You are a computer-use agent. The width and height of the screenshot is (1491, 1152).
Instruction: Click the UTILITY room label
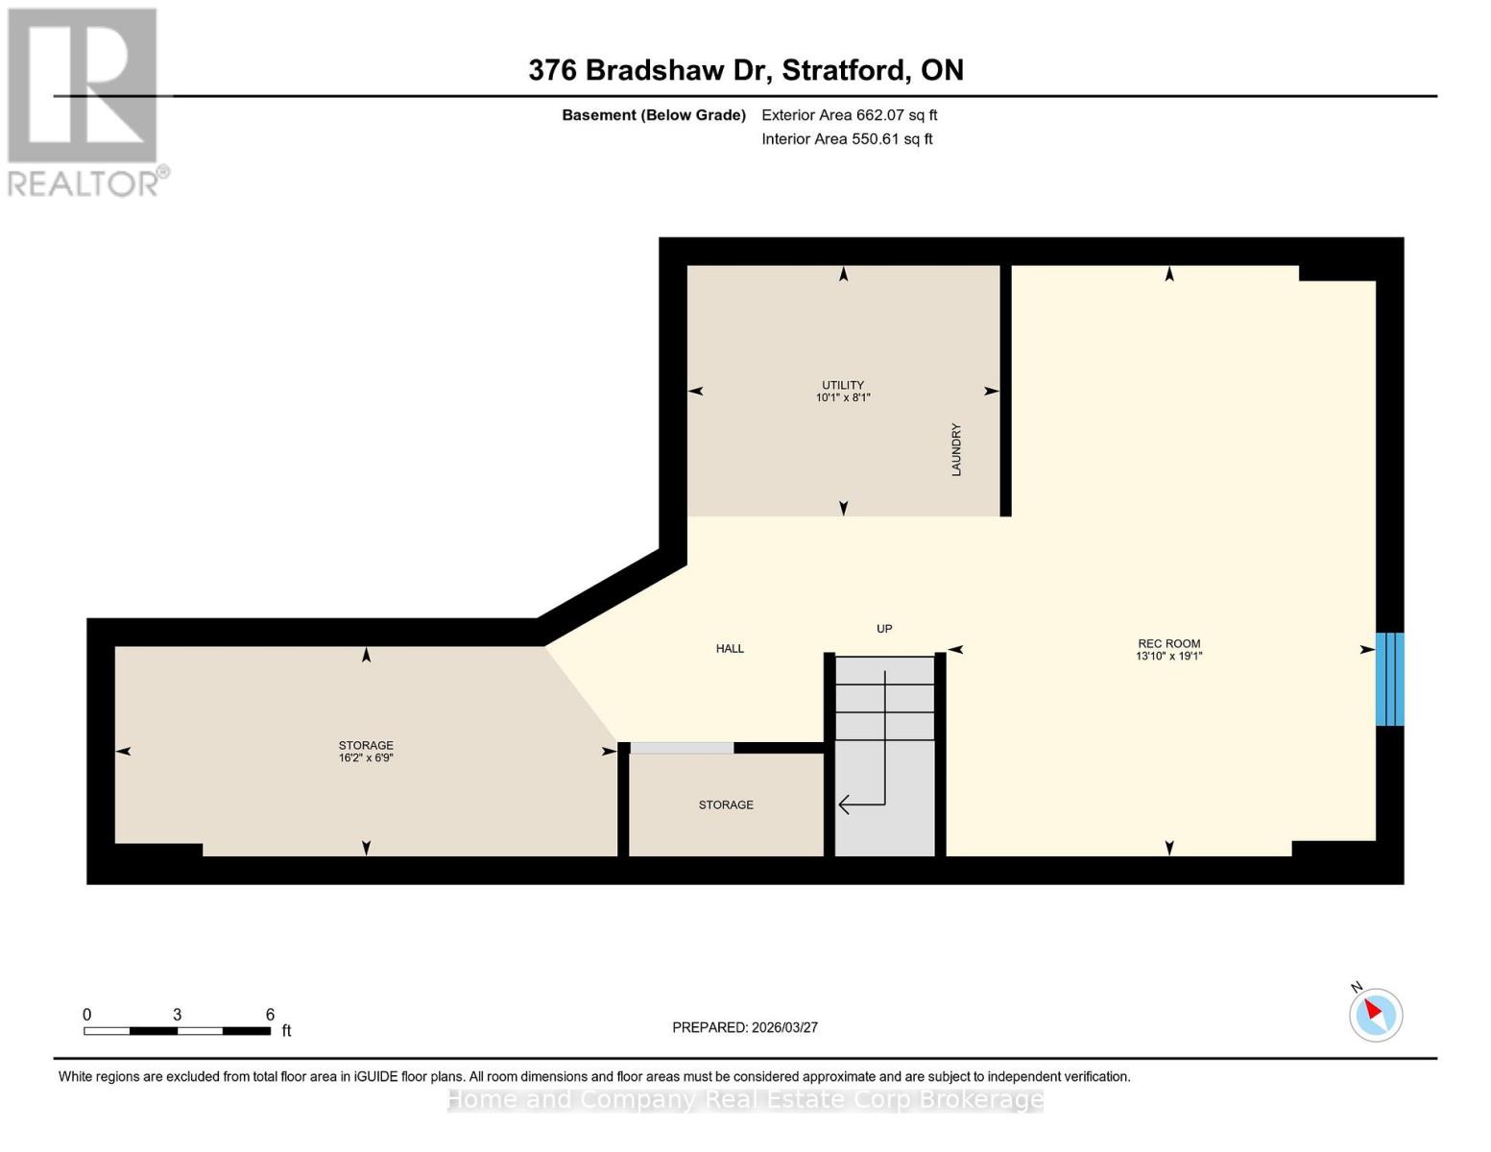pyautogui.click(x=842, y=385)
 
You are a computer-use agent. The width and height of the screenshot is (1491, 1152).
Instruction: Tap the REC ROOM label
pyautogui.click(x=1168, y=643)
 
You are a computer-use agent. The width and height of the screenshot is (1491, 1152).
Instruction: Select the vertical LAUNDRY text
pyautogui.click(x=955, y=449)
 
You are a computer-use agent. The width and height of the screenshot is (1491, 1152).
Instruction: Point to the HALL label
pyautogui.click(x=730, y=649)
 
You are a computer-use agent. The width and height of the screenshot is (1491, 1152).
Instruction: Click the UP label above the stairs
pyautogui.click(x=884, y=629)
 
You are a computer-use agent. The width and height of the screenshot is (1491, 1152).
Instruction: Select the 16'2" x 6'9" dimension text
pyautogui.click(x=366, y=757)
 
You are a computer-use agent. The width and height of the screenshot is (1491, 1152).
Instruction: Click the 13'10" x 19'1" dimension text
pyautogui.click(x=1168, y=657)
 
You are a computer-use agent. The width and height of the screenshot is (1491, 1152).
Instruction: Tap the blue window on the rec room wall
pyautogui.click(x=1388, y=679)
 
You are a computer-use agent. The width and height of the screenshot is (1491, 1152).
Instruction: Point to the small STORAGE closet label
pyautogui.click(x=726, y=804)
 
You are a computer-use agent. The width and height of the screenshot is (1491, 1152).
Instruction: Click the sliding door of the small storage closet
pyautogui.click(x=682, y=748)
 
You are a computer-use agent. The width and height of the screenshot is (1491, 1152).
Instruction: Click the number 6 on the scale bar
pyautogui.click(x=270, y=1015)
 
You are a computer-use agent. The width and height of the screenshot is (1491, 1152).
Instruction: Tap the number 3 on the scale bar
pyautogui.click(x=177, y=1015)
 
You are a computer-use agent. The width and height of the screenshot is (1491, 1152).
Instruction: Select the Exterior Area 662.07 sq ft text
pyautogui.click(x=849, y=115)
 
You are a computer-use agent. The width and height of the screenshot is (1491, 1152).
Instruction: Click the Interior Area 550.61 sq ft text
pyautogui.click(x=847, y=139)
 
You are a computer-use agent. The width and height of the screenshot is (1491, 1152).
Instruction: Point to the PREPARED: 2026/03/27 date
pyautogui.click(x=745, y=1027)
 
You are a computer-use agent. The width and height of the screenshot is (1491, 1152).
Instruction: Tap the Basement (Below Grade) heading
pyautogui.click(x=653, y=115)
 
